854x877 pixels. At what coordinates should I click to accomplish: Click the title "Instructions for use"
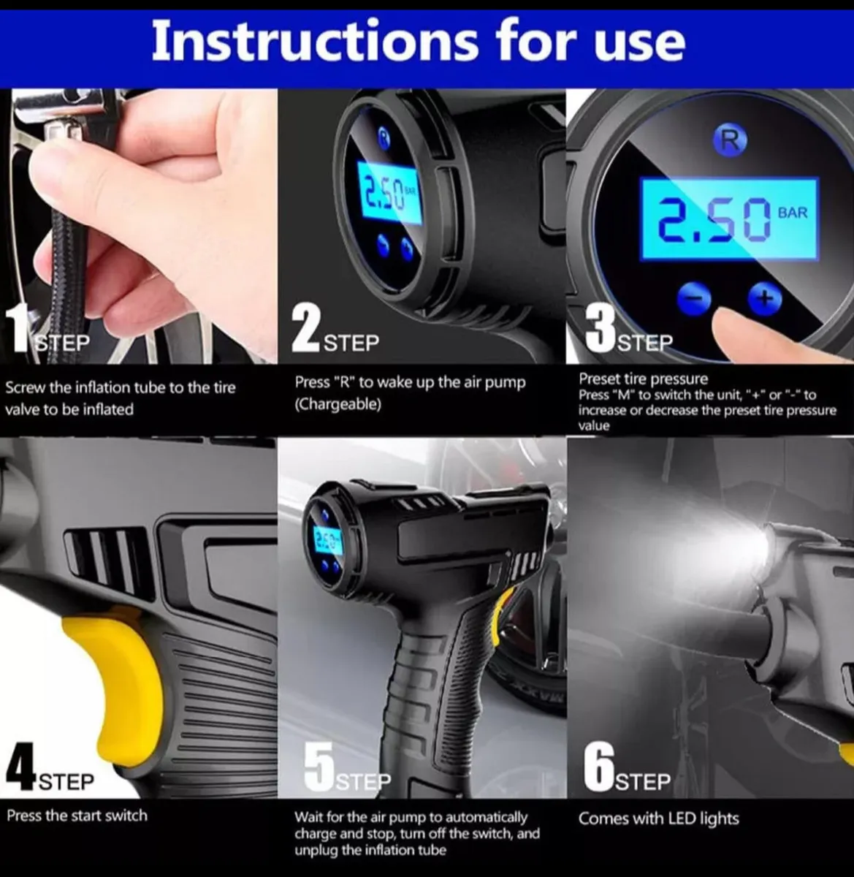click(x=418, y=42)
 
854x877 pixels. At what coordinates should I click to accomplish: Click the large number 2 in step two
click(x=306, y=330)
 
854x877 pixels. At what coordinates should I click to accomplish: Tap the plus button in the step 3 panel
click(x=764, y=297)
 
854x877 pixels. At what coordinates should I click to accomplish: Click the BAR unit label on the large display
click(x=793, y=213)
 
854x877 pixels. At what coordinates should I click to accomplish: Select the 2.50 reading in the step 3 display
click(x=712, y=219)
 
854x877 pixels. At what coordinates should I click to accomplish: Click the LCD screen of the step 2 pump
click(x=391, y=194)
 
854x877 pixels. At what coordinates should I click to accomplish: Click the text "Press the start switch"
click(x=77, y=815)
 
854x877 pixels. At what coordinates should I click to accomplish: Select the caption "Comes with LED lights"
click(x=658, y=819)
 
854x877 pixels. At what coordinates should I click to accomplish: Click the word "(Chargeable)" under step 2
click(x=338, y=404)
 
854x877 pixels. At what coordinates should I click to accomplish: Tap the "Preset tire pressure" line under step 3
click(x=643, y=379)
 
